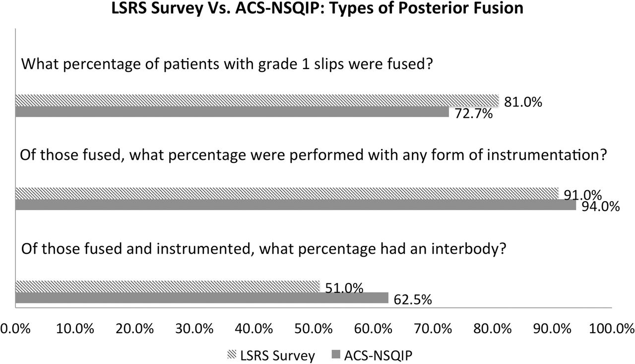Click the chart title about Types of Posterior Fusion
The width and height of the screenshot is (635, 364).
coord(317,7)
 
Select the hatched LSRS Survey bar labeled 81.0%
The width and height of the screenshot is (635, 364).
coord(257,100)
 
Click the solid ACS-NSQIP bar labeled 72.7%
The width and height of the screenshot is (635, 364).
coord(232,112)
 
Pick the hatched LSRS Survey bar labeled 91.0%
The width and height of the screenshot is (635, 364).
coord(287,193)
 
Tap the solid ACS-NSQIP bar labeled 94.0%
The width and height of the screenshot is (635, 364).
coord(296,205)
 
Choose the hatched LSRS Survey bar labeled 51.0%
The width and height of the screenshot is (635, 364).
coord(168,286)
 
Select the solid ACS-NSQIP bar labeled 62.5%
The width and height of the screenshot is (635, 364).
coord(202,297)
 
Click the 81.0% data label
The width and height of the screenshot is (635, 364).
coord(523,102)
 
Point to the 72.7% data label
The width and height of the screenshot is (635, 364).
coord(474,114)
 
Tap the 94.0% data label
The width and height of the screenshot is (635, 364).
coord(601,207)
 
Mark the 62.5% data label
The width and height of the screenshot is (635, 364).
coord(413,300)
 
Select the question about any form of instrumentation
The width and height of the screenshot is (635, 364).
coord(314,156)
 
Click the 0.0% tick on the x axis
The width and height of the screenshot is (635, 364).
coord(15,329)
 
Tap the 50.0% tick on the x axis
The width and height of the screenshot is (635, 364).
coord(314,329)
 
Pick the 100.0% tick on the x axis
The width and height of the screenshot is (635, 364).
coord(612,329)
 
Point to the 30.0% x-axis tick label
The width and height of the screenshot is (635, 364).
coord(194,329)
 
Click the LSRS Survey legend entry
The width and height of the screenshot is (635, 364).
coord(271,355)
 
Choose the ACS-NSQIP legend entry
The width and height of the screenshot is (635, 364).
coord(372,355)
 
